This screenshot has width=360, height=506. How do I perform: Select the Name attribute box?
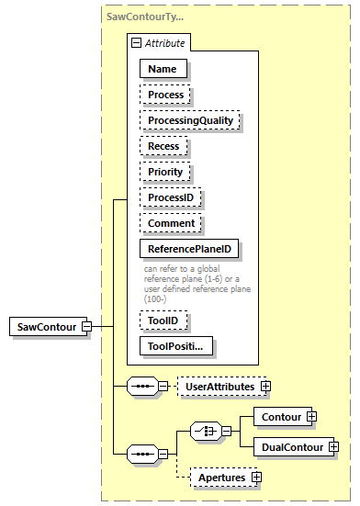point(163,68)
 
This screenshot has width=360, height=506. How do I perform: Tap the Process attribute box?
point(165,94)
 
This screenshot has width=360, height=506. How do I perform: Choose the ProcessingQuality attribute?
point(188,119)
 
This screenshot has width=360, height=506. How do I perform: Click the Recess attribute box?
point(163,145)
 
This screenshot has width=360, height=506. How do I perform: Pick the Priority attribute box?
point(165,171)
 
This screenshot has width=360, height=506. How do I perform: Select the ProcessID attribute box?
point(170,197)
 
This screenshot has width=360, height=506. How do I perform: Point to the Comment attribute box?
point(171,222)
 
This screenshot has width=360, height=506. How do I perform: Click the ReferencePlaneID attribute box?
point(189,248)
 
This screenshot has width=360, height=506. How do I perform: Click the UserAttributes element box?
point(219,388)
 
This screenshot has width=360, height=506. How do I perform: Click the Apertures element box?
point(221,478)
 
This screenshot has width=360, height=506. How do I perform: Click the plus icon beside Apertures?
point(257,478)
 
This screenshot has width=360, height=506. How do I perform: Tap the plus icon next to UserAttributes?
point(266,388)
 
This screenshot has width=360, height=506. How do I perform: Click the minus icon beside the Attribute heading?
point(136,42)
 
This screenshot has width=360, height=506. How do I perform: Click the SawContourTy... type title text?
point(144,16)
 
